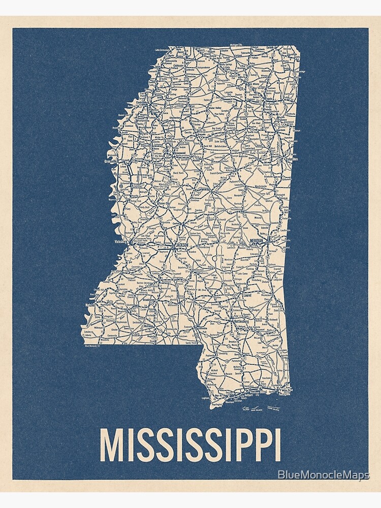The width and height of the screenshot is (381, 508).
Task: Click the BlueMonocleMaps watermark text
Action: coord(324,475)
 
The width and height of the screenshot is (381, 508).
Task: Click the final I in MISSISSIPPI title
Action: coord(276,446)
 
